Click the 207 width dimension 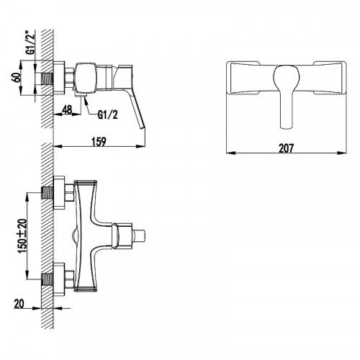click(x=286, y=148)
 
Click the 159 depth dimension click(x=99, y=141)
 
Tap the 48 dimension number click(x=67, y=109)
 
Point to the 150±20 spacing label click(x=22, y=235)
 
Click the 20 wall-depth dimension click(x=19, y=304)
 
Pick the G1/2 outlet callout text click(x=108, y=115)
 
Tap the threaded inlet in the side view click(x=48, y=78)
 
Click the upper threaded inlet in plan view click(x=48, y=194)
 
